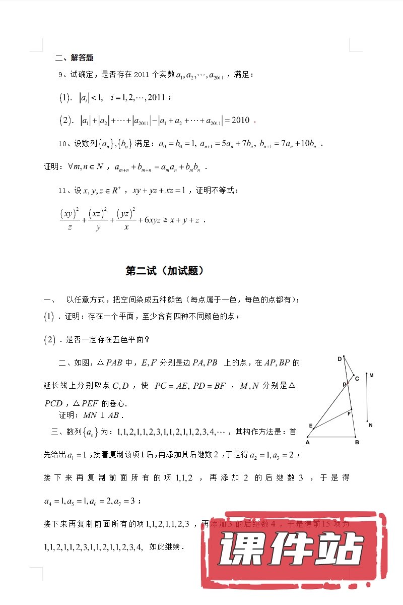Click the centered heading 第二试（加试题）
pos(164,271)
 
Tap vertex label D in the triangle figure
pos(340,359)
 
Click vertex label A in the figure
pos(307,443)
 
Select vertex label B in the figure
pos(357,443)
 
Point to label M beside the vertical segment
pos(371,376)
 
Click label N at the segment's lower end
pos(371,425)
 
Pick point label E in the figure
pos(310,426)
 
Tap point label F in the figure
pos(349,413)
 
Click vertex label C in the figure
pos(357,378)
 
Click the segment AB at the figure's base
pos(332,437)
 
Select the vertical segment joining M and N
pos(367,398)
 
